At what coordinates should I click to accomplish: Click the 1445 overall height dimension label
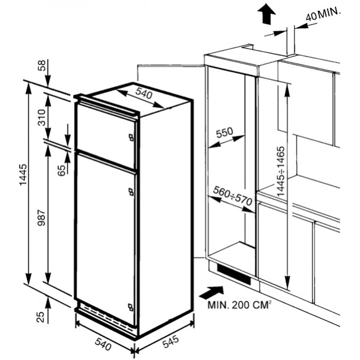pos(23,175)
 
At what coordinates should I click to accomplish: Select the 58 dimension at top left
pos(43,65)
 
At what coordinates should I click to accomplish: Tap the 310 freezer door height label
pos(42,118)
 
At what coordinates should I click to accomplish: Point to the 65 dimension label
pos(61,170)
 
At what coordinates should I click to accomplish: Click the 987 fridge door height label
pos(42,217)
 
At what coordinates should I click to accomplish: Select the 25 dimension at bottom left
pos(40,317)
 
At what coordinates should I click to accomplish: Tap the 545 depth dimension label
pos(170,341)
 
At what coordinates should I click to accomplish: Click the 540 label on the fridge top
pos(144,93)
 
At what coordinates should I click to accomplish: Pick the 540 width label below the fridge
pos(103,344)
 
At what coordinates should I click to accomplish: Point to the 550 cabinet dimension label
pos(225,133)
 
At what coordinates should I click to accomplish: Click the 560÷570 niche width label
pos(233,196)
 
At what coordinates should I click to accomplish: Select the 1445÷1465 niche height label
pos(281,171)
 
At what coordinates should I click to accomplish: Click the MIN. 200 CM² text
pos(239,305)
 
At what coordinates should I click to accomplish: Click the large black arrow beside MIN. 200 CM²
pos(211,293)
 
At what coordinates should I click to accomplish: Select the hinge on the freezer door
pos(131,137)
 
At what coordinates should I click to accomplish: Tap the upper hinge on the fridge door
pos(131,192)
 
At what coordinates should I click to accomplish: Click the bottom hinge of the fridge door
pos(131,307)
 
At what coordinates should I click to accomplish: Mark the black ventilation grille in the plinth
pos(234,274)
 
